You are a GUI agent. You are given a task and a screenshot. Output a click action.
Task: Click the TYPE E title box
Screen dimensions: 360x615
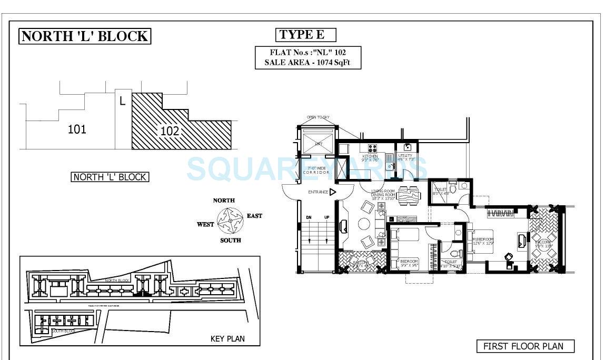[306, 35]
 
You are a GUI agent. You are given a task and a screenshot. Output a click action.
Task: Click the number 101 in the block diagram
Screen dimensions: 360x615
[77, 129]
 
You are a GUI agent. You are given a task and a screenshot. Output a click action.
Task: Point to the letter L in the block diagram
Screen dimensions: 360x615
[122, 99]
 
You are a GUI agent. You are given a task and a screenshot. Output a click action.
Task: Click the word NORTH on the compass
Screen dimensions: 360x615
[224, 201]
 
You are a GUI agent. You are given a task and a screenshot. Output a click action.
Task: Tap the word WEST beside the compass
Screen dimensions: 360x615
[205, 224]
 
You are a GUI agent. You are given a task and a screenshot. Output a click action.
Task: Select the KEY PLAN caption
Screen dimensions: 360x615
[227, 338]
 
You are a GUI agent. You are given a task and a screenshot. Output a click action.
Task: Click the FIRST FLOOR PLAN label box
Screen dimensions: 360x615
[525, 346]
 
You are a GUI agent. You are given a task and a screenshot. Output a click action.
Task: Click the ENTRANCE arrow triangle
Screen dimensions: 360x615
[333, 192]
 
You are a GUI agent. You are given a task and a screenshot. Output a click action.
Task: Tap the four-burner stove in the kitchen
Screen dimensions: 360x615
[372, 148]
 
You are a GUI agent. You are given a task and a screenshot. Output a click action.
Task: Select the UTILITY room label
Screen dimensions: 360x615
[405, 156]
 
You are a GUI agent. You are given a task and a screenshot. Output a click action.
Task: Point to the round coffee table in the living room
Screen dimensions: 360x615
[364, 224]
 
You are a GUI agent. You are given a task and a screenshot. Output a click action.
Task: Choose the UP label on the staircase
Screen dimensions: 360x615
[326, 217]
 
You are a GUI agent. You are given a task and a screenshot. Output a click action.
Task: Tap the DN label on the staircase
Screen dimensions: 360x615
[309, 217]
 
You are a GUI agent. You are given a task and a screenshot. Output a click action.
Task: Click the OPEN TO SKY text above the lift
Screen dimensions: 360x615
[319, 117]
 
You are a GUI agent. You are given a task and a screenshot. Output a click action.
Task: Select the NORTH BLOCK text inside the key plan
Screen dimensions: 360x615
[117, 281]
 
